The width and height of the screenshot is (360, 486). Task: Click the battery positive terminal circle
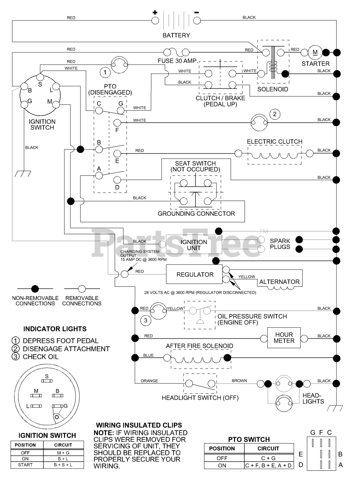pos(155,21)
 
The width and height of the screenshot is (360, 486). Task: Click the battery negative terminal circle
pos(197,21)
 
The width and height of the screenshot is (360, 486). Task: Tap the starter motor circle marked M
pos(315,53)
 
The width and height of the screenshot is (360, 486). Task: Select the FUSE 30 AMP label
pos(178,61)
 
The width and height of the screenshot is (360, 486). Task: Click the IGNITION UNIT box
pos(194,245)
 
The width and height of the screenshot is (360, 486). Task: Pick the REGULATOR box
pos(194,275)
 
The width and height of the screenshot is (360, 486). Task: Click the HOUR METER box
pos(284,338)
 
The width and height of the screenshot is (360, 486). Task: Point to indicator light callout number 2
pos(275,114)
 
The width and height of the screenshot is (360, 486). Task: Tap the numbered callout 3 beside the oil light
pos(145,320)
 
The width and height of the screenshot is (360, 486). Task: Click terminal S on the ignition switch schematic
pos(40,77)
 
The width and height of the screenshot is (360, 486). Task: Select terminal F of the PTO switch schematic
pos(117,123)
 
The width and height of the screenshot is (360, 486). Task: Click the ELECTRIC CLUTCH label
pos(275,142)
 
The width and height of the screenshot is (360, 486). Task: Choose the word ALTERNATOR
pos(279,282)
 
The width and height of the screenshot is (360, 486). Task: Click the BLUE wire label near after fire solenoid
pos(148,355)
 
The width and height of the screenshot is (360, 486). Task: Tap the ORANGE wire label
pos(149,381)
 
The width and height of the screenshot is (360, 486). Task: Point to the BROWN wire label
pos(239,380)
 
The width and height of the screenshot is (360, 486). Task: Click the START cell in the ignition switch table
pos(25,465)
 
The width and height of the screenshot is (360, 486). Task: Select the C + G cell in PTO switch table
pos(268,458)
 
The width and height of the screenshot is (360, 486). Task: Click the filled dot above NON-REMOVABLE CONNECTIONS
pos(35,289)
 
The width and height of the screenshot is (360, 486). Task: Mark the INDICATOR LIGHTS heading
pos(55,329)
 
